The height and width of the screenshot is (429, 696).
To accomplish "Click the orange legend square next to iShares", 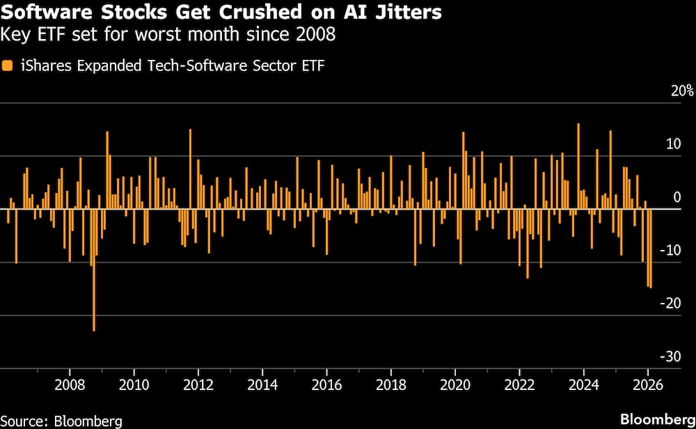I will coord(7,66).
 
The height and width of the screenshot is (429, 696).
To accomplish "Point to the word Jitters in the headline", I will coord(412,13).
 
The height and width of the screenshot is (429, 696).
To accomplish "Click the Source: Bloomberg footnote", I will coord(61,421).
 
